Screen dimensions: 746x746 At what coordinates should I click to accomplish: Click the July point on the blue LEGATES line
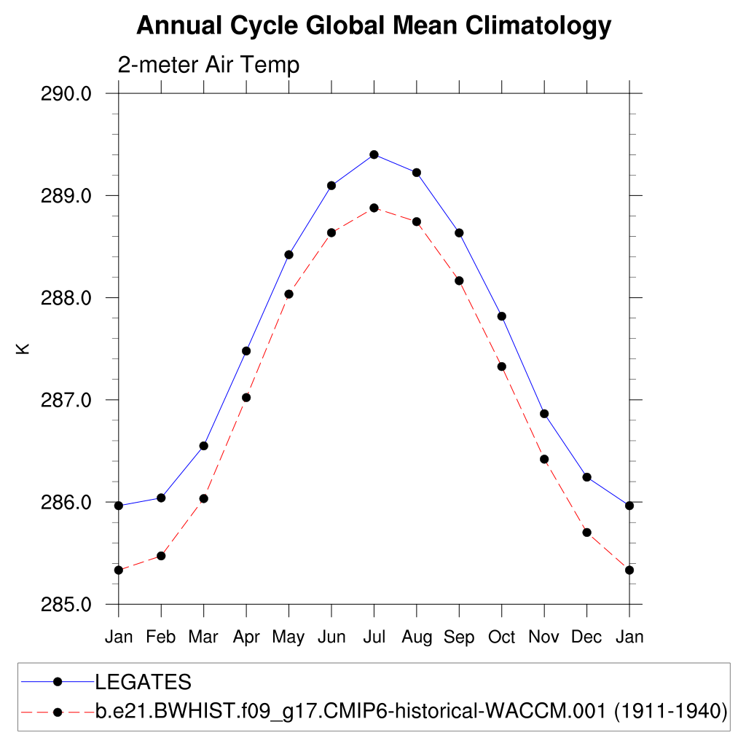click(x=374, y=154)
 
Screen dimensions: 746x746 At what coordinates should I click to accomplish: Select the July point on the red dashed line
click(x=374, y=208)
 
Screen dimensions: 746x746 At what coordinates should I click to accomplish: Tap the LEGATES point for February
click(x=161, y=498)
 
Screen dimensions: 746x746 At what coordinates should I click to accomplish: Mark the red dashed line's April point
click(x=246, y=397)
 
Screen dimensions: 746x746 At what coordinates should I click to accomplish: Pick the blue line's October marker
click(x=501, y=316)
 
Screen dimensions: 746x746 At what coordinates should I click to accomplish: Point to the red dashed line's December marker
click(x=586, y=532)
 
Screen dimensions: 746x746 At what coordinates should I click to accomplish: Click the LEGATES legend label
click(x=144, y=682)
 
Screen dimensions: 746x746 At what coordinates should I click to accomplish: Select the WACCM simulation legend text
click(x=412, y=710)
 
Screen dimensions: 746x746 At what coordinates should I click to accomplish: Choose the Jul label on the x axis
click(x=374, y=637)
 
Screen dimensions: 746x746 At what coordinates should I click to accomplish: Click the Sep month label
click(x=459, y=637)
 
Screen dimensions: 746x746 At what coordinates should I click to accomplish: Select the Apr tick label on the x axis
click(x=246, y=637)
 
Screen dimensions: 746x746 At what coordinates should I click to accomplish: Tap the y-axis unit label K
click(x=23, y=349)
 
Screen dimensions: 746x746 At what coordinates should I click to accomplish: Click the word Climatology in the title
click(x=538, y=26)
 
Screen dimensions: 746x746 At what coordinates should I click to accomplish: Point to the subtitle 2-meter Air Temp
click(x=208, y=65)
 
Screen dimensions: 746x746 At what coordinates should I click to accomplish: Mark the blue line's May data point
click(x=288, y=254)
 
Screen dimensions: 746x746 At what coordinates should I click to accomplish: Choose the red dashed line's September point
click(x=459, y=280)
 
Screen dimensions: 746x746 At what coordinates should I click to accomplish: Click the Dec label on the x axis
click(x=586, y=637)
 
